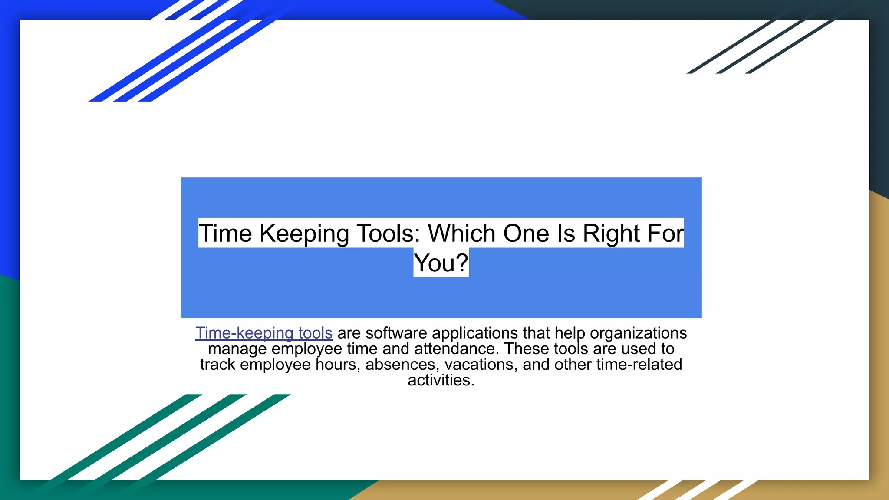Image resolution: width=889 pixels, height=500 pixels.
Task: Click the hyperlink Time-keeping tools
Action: click(263, 333)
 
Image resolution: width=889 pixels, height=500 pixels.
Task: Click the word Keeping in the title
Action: click(304, 234)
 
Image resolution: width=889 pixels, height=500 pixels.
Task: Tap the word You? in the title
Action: click(441, 263)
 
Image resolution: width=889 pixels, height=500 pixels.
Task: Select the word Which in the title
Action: click(462, 234)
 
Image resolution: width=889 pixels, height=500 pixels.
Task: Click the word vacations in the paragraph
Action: click(481, 365)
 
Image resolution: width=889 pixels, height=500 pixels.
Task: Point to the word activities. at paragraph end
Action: click(441, 380)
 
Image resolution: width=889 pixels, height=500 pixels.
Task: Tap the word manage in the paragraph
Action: click(237, 349)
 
